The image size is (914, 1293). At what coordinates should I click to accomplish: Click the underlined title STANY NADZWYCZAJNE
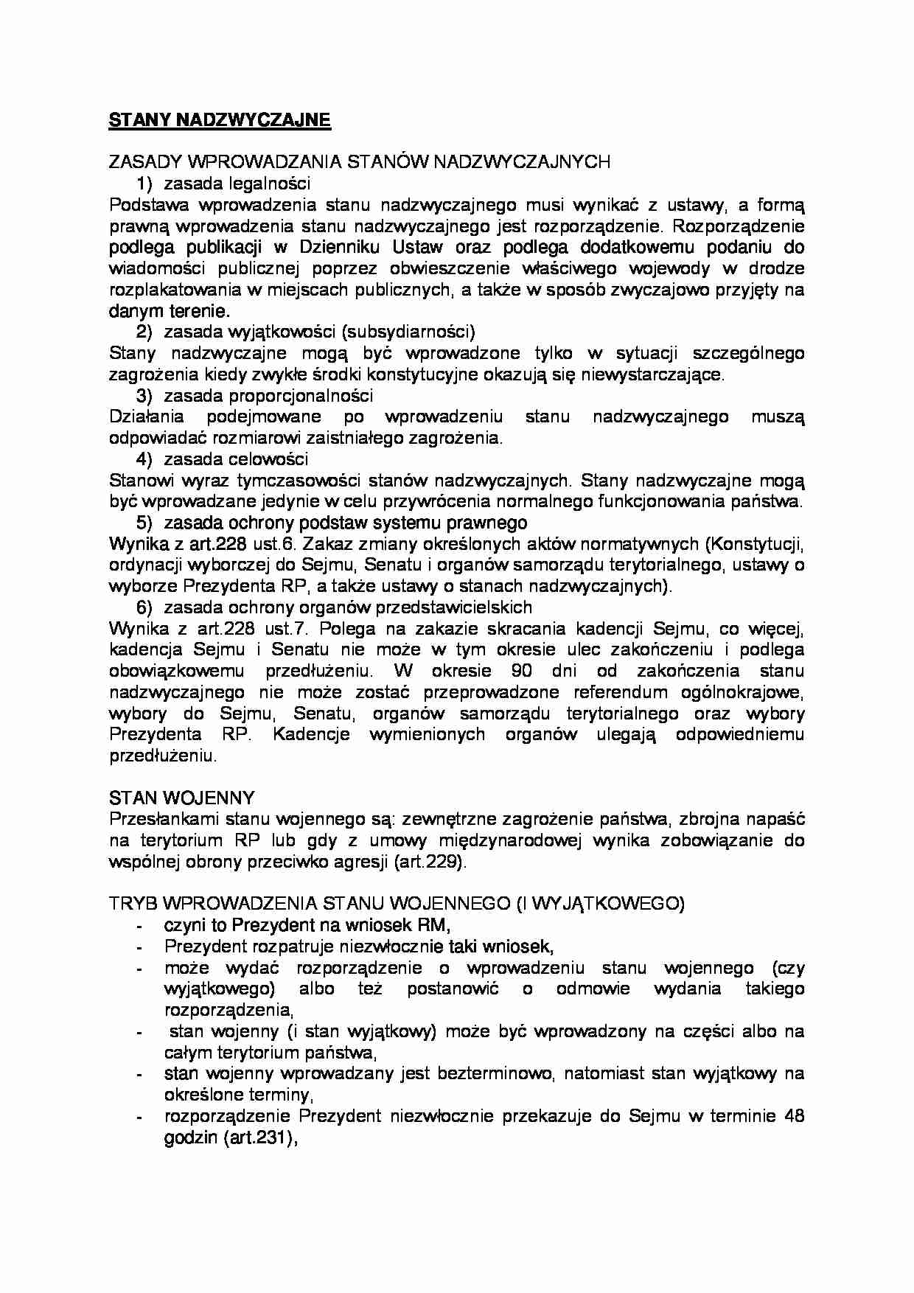click(x=220, y=120)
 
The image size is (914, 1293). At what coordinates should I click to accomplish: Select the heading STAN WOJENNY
click(x=182, y=798)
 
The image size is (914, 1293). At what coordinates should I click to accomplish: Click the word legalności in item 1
click(x=269, y=183)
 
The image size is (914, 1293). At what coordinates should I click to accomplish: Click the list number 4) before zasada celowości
click(x=144, y=459)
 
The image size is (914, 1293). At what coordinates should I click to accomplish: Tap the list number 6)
click(x=144, y=607)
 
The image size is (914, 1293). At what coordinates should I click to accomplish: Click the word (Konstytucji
click(x=754, y=544)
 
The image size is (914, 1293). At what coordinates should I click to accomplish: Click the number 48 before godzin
click(x=794, y=1115)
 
